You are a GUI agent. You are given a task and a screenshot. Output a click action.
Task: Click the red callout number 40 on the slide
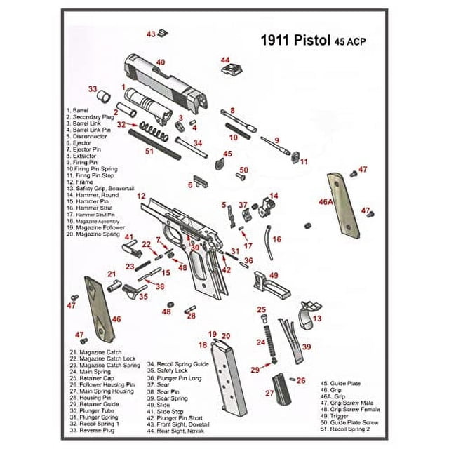coord(161,62)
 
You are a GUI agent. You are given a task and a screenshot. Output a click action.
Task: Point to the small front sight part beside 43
coord(162,32)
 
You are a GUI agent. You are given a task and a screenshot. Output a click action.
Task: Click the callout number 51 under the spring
coord(149,151)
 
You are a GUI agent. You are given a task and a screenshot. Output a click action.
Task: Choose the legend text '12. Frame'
coord(82,182)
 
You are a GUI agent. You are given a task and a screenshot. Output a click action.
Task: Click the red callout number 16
coord(276,240)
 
